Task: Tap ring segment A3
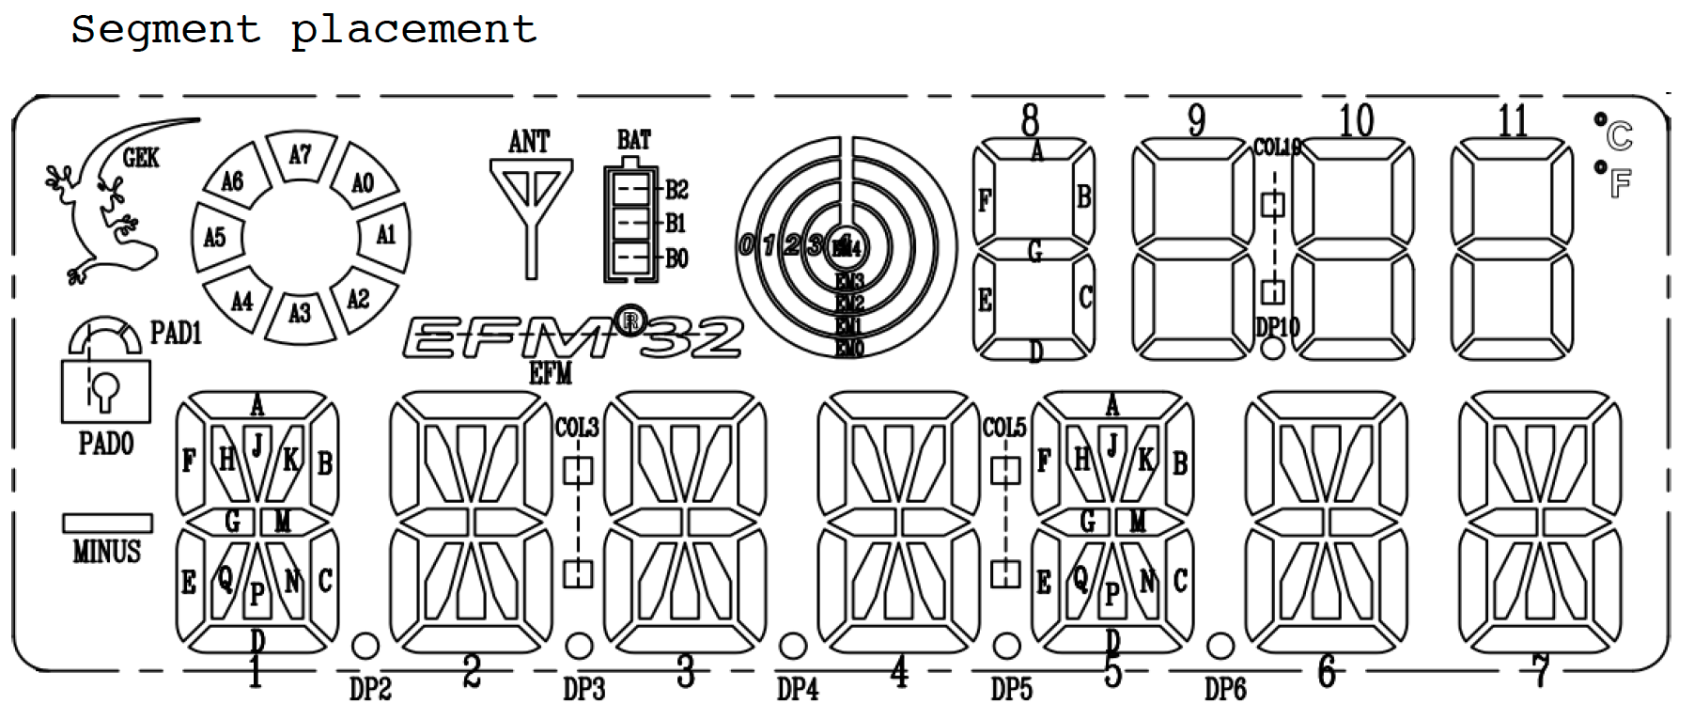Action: (x=300, y=314)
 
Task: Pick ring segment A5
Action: (x=216, y=237)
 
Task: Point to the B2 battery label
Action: (x=676, y=190)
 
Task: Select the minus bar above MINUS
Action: (x=107, y=524)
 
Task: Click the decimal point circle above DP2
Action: (x=365, y=646)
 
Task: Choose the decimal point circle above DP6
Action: (x=1220, y=646)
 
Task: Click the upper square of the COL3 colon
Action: (x=578, y=470)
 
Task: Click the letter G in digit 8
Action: (x=1034, y=251)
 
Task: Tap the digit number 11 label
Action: (x=1512, y=122)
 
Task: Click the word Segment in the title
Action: (x=165, y=30)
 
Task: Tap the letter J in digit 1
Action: (x=256, y=443)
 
